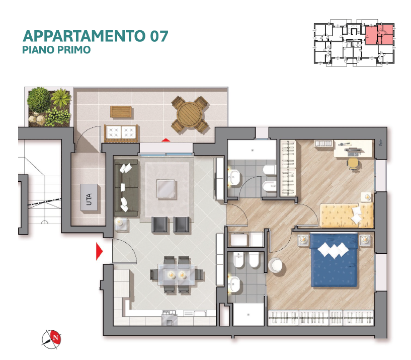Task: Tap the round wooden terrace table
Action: click(x=190, y=115)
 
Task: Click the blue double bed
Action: click(x=334, y=259)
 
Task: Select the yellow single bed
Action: click(x=347, y=215)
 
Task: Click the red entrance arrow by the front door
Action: click(x=99, y=251)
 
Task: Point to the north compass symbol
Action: click(x=52, y=339)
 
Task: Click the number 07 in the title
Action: click(x=159, y=36)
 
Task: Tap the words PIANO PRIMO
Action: click(x=56, y=49)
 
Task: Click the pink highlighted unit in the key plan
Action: click(x=379, y=35)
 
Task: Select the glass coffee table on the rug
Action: click(x=166, y=188)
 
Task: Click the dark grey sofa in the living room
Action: click(x=127, y=188)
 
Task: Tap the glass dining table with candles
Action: click(x=176, y=274)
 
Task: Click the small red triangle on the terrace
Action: click(x=166, y=140)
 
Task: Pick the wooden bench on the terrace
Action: click(x=121, y=112)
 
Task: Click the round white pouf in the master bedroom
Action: click(x=275, y=265)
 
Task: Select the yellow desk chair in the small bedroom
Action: click(x=353, y=163)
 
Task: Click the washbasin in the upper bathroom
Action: click(x=233, y=178)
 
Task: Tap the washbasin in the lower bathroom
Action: click(x=233, y=284)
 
